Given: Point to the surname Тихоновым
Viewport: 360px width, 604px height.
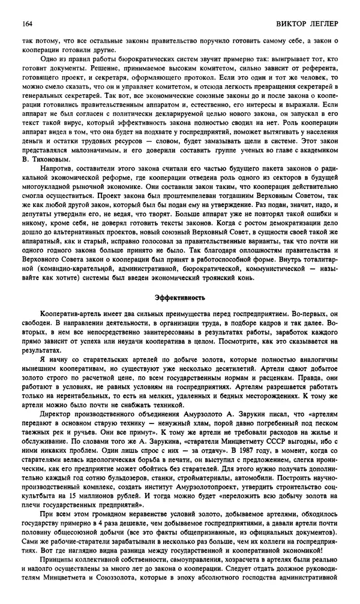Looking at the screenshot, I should tap(59, 159).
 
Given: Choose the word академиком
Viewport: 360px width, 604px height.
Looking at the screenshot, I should tap(313, 149).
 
